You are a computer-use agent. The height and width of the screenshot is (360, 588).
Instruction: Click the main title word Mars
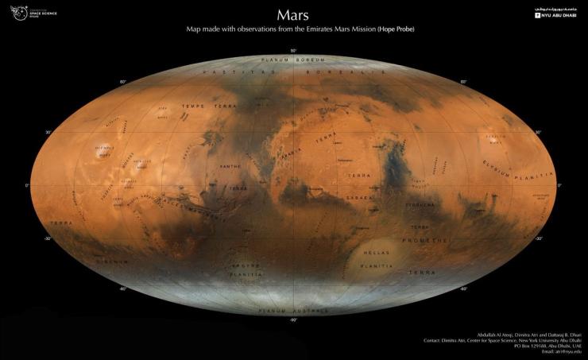click(x=293, y=15)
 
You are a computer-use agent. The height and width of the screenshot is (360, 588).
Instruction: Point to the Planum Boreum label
click(x=293, y=59)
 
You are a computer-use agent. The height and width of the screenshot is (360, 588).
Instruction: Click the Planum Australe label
click(x=293, y=309)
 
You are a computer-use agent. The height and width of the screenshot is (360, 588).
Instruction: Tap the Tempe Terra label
click(x=198, y=106)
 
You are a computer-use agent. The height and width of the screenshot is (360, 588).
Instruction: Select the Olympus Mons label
click(x=104, y=150)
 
